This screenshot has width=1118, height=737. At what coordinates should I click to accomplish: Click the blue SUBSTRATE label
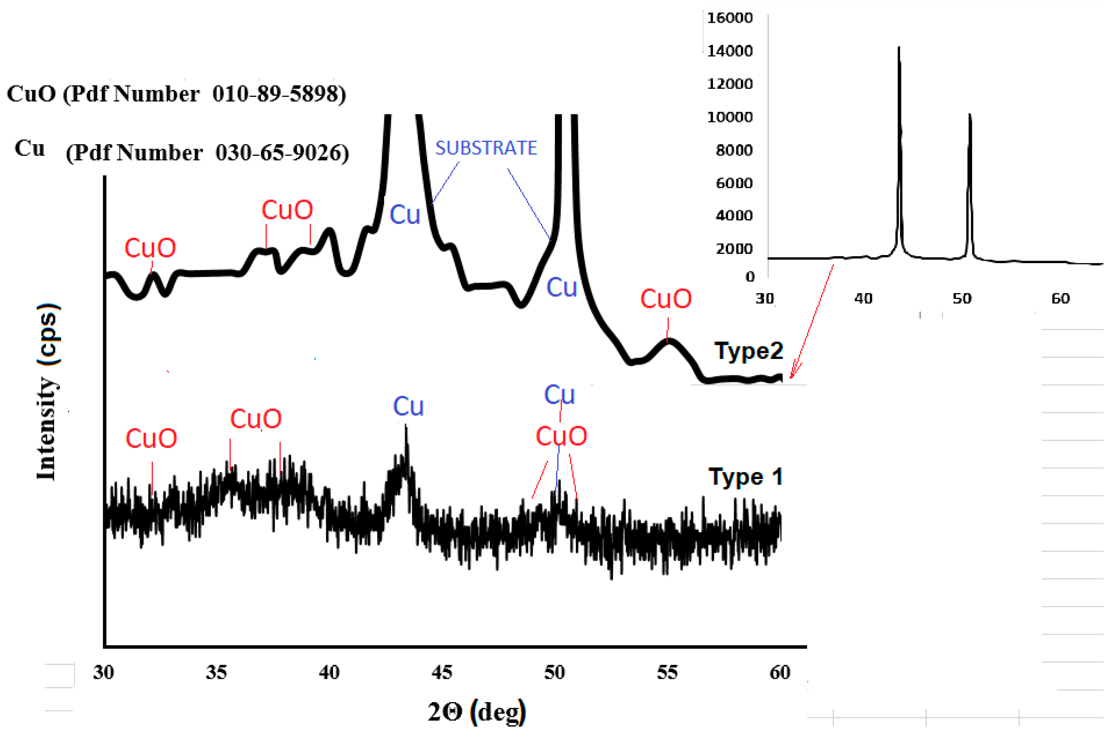pyautogui.click(x=486, y=148)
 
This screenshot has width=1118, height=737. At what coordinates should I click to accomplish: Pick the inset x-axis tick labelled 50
pyautogui.click(x=962, y=298)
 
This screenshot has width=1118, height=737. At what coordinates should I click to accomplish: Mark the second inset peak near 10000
pyautogui.click(x=969, y=114)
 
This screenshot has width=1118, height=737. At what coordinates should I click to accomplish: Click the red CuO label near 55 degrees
pyautogui.click(x=666, y=299)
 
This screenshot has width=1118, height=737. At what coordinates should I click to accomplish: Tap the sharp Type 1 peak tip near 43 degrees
pyautogui.click(x=406, y=425)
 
